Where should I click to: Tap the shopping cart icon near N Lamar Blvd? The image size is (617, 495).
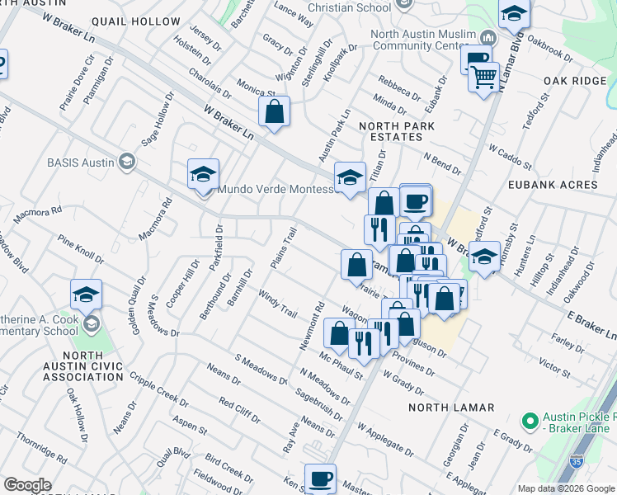tap(483, 78)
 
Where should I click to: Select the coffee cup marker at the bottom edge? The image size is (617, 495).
tap(320, 478)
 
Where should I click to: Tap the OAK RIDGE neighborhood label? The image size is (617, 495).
tap(575, 81)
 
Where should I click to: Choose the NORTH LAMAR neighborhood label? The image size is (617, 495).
tap(451, 408)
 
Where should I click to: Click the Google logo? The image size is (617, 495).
tap(27, 485)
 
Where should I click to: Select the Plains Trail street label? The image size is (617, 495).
tap(282, 248)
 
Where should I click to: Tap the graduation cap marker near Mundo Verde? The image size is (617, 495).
tap(203, 174)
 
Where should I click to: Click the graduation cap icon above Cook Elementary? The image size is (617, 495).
tap(86, 295)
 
